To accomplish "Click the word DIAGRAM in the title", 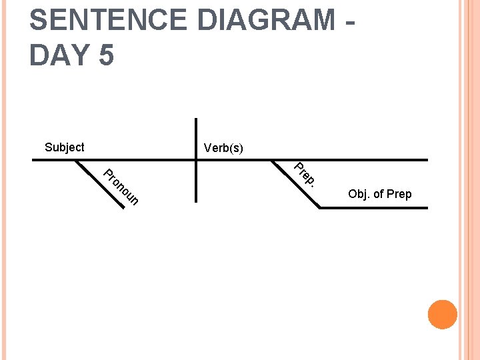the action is tap(267, 20).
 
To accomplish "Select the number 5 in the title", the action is tap(106, 55).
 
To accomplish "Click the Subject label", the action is tap(64, 147).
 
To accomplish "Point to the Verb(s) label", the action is tap(223, 148).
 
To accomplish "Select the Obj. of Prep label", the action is tap(379, 194).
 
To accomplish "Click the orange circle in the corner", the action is tap(443, 315).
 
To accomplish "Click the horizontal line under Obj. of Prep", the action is tap(373, 208).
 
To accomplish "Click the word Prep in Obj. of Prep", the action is tap(399, 194).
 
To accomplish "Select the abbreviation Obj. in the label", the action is tap(359, 194).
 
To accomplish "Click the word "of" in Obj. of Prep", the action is tap(378, 194).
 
